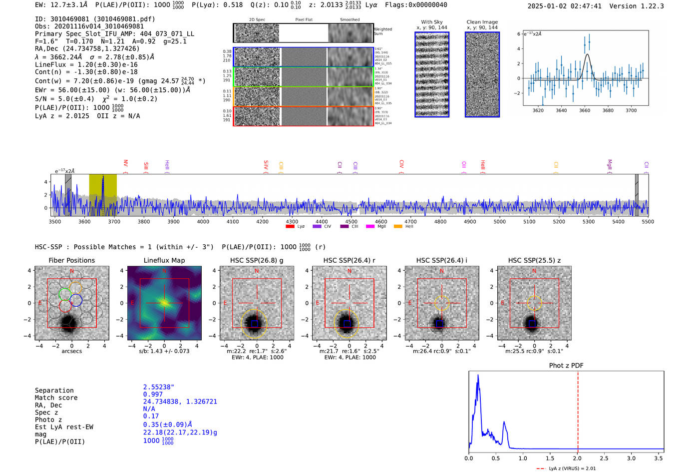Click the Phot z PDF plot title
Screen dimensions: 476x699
tap(566, 365)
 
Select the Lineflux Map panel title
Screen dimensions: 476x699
tap(164, 260)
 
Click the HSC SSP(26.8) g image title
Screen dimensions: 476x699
tap(257, 260)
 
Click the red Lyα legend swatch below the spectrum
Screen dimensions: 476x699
tap(290, 227)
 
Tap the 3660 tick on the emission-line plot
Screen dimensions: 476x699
tap(585, 110)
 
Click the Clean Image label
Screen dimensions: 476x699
tap(482, 22)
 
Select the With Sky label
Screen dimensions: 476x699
tap(432, 22)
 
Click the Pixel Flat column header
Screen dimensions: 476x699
tap(304, 20)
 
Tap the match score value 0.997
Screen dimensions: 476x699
tap(153, 394)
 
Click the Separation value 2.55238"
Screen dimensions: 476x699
tap(159, 387)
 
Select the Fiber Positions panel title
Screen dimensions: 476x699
tap(71, 260)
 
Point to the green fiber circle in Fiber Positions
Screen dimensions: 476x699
tap(65, 294)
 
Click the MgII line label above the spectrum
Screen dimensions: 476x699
tap(610, 165)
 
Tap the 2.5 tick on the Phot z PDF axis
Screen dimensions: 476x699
tap(604, 458)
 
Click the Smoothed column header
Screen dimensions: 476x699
tap(350, 20)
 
